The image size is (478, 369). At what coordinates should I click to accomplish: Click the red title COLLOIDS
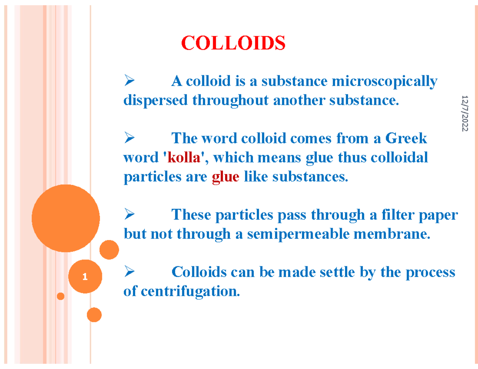tap(233, 43)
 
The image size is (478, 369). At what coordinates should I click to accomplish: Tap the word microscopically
tap(384, 82)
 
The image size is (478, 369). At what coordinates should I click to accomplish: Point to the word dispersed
tap(155, 101)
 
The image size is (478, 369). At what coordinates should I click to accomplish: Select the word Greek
tap(406, 139)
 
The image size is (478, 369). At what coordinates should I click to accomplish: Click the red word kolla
tap(184, 158)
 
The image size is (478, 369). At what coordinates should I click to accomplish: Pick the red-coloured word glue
tap(225, 177)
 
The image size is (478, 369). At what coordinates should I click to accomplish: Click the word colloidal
tap(399, 158)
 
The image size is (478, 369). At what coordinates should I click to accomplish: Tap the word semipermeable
tap(298, 234)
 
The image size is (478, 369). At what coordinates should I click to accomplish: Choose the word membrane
tap(392, 234)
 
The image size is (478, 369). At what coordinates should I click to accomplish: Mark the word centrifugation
tap(190, 292)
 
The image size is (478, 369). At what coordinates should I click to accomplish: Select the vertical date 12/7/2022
tap(465, 113)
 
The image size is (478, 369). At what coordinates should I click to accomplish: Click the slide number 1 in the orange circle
tap(85, 277)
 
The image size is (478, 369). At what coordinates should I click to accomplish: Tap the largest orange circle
tap(66, 218)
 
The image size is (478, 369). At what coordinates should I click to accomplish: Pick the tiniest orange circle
tap(61, 296)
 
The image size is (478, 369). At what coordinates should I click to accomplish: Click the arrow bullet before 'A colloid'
tap(129, 80)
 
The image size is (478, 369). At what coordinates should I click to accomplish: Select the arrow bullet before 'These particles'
tap(129, 214)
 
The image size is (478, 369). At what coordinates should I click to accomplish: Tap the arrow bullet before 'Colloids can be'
tap(129, 271)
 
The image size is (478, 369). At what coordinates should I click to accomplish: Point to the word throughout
tap(231, 101)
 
